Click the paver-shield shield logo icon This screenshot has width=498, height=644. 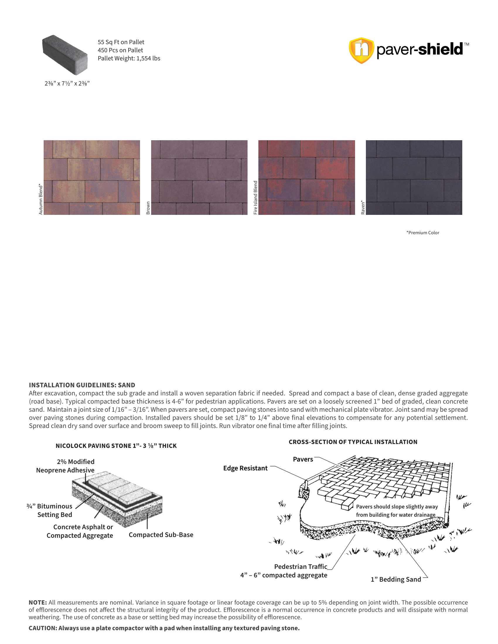pos(361,50)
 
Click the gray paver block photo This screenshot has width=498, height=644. pos(65,54)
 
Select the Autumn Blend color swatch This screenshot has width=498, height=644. pos(92,177)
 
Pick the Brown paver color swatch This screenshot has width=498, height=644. pos(199,177)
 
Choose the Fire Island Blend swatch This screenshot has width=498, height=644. pos(306,177)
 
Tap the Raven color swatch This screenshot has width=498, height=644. pos(414,177)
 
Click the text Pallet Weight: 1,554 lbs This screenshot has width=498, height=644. pos(129,58)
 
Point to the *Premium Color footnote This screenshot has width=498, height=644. pos(423,233)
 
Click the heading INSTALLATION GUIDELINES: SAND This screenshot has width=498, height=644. pos(82,385)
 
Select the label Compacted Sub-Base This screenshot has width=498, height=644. pos(161,535)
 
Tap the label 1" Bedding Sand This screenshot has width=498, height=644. pos(396,579)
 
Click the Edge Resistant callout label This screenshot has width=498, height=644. pos(245,468)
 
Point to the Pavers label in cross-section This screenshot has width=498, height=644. pos(303,459)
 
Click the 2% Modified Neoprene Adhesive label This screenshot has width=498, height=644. pos(65,466)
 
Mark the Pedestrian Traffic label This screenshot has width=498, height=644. pos(301,566)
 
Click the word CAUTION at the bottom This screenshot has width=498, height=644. pos(42,628)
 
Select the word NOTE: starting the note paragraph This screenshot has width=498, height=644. pos(38,602)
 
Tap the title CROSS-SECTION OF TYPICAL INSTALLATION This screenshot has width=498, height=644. pos(353,442)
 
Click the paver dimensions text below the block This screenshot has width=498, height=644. pos(67,83)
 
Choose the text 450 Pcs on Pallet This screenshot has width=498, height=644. pos(120,50)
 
